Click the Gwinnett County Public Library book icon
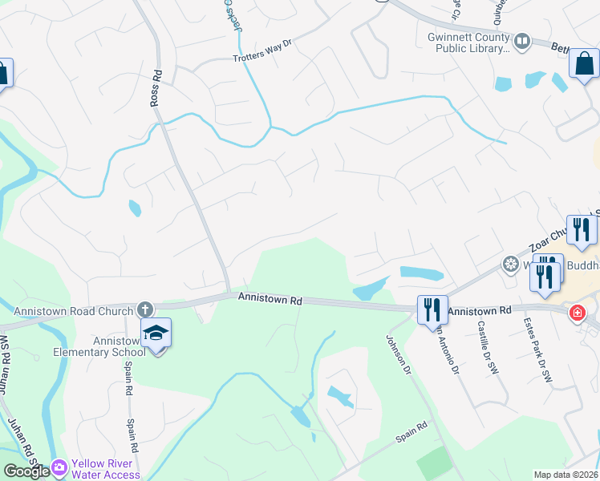[522, 40]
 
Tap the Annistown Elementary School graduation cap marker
[156, 333]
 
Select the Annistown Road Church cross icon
[144, 309]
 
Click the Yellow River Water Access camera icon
[59, 467]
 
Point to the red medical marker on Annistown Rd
[576, 313]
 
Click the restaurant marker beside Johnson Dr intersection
[432, 309]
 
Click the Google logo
[26, 471]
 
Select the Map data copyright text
[566, 475]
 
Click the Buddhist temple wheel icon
[509, 263]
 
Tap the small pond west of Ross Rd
[134, 208]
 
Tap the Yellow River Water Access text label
[106, 468]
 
